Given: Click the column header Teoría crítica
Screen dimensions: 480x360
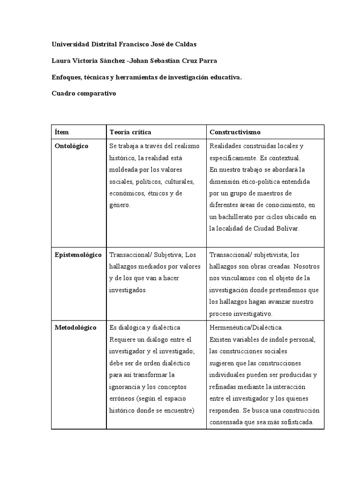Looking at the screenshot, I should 130,132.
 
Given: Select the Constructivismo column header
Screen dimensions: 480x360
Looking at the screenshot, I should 235,132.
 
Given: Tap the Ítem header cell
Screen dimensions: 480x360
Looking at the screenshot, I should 61,132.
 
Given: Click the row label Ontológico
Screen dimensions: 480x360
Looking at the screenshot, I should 71,146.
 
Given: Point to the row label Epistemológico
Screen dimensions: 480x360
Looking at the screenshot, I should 78,255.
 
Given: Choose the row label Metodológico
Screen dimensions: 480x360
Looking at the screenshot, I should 75,328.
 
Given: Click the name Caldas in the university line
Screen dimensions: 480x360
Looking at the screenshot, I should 181,44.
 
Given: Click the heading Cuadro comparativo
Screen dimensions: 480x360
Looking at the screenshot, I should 83,93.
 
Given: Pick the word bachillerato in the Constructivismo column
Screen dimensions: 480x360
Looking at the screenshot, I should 237,217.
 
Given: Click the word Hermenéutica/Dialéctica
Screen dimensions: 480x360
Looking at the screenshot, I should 246,328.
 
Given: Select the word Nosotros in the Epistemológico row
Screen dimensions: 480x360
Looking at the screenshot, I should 307,267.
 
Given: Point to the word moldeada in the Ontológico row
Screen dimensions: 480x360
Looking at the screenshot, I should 123,170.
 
